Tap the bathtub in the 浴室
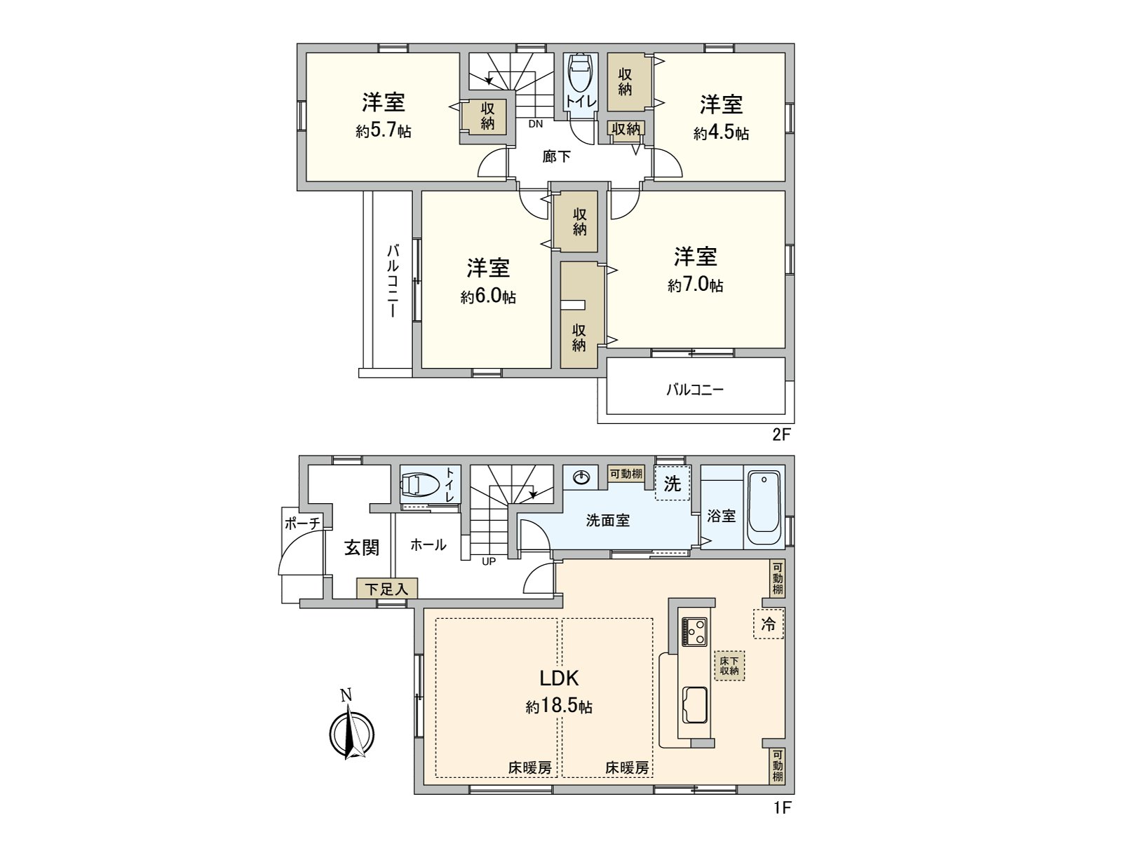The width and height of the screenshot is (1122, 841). click(x=764, y=508)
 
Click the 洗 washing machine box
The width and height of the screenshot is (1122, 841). click(x=672, y=484)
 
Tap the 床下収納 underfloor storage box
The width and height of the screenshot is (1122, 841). click(x=729, y=666)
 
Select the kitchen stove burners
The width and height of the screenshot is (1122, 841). click(x=695, y=632)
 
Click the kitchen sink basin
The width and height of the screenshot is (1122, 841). click(x=695, y=705)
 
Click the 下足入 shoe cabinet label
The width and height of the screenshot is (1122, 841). click(x=386, y=589)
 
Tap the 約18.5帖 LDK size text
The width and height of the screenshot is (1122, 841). click(x=559, y=707)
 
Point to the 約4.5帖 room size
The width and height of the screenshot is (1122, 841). click(x=721, y=133)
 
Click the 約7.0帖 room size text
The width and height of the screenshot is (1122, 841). click(x=695, y=285)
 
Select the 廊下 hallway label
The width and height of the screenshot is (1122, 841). click(x=557, y=157)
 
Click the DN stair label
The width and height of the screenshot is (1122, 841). click(x=536, y=125)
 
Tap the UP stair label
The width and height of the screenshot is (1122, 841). click(x=489, y=561)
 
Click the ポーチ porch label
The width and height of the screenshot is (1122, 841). click(x=302, y=523)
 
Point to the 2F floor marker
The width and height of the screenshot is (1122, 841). click(x=781, y=435)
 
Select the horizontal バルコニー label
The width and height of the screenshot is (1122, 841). click(x=694, y=390)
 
